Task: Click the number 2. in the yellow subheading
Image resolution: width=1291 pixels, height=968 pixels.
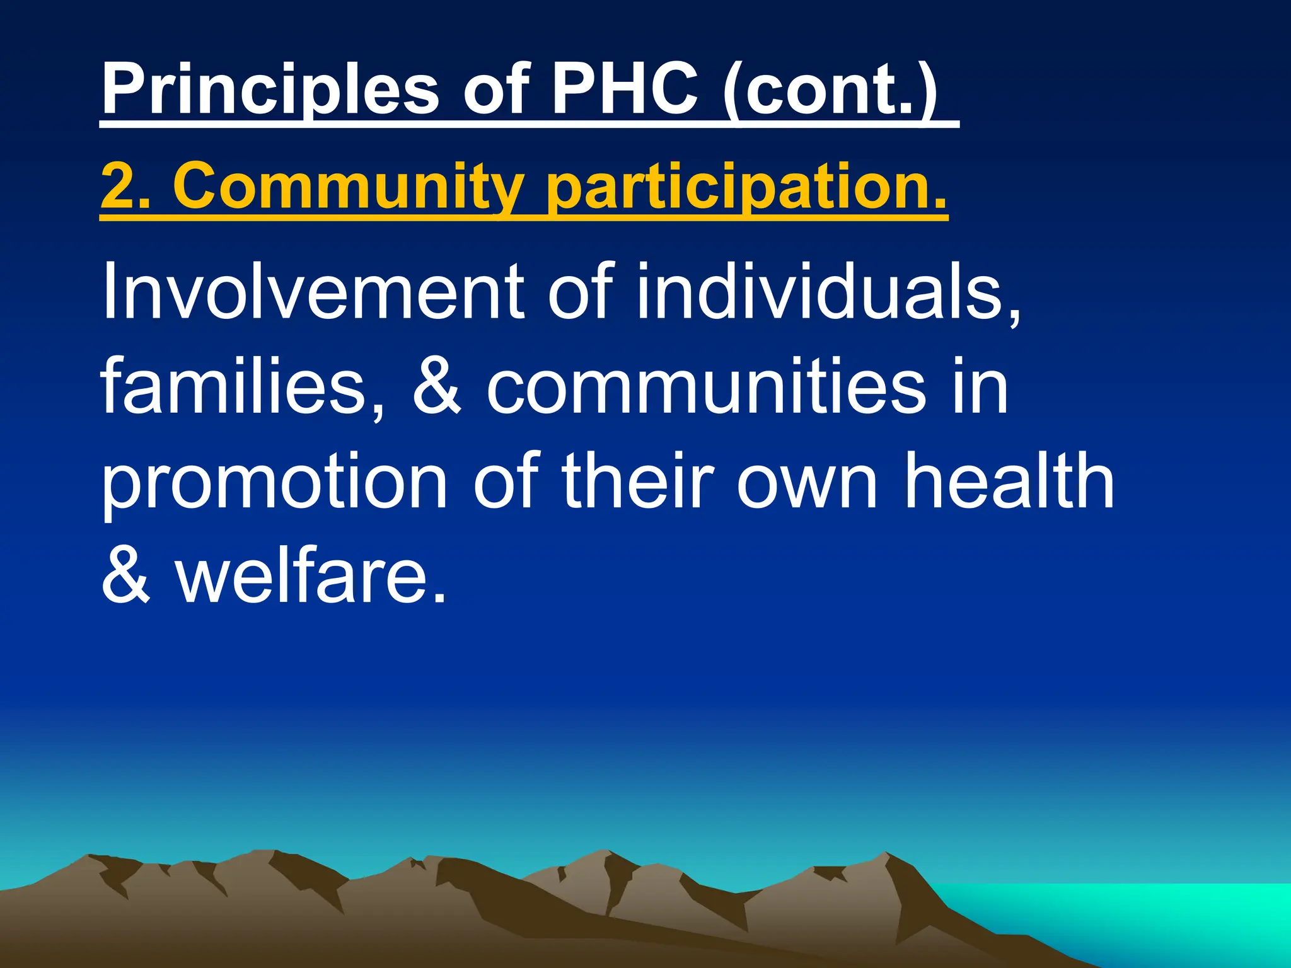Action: (x=126, y=187)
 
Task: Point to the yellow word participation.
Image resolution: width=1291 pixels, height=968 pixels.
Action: (x=747, y=187)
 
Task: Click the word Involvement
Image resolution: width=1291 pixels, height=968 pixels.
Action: (x=313, y=291)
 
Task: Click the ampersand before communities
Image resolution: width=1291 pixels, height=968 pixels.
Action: (x=437, y=386)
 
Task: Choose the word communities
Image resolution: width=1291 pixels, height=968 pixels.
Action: (x=706, y=386)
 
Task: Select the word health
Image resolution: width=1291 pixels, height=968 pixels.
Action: (x=1009, y=480)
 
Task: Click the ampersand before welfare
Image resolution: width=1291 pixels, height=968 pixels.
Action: (x=126, y=575)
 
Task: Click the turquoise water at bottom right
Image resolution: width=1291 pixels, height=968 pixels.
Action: (x=1166, y=914)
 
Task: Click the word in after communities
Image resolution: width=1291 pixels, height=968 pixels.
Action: (x=980, y=386)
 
